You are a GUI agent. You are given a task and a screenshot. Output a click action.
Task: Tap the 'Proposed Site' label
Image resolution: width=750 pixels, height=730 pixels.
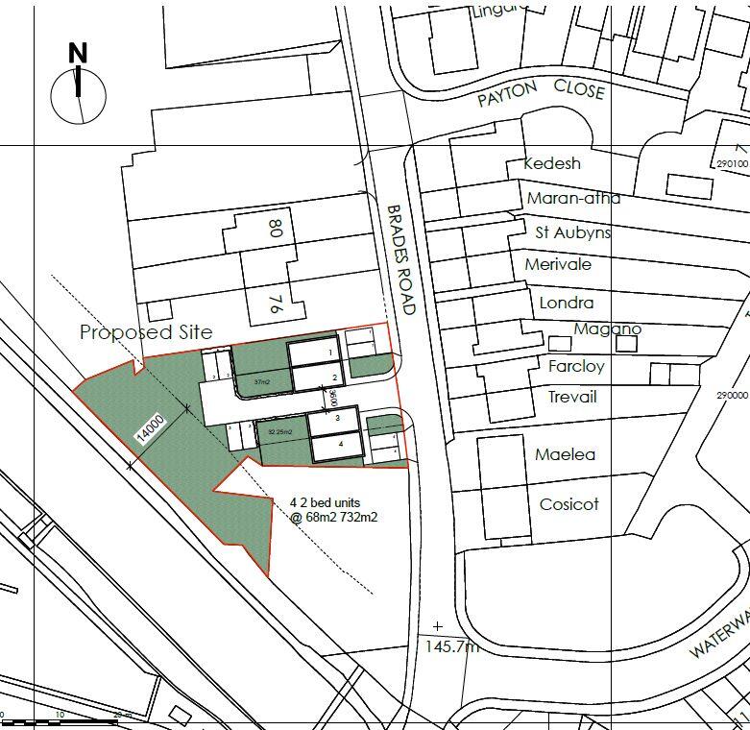146,332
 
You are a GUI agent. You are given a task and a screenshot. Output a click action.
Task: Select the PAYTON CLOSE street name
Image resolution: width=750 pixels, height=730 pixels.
542,91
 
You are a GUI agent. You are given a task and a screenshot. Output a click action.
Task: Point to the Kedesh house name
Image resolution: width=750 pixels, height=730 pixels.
552,163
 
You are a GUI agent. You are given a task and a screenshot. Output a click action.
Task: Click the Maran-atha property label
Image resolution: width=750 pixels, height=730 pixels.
573,198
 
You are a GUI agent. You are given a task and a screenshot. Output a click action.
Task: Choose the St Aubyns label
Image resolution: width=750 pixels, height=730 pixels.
572,232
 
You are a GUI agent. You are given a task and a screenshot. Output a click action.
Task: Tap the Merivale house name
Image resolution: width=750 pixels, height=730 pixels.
558,264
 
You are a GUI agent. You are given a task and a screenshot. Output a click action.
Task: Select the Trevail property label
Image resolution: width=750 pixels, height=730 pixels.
572,397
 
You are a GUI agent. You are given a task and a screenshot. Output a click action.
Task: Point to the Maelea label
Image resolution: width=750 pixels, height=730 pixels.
567,454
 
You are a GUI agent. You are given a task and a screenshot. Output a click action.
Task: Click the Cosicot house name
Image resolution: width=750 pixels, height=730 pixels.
569,504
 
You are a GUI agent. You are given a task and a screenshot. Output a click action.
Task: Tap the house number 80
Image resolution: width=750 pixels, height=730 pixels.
275,228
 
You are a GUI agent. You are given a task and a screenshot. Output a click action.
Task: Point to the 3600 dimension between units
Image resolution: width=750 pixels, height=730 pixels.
332,396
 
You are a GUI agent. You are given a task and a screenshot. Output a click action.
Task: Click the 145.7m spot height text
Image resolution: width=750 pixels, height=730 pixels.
451,646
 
